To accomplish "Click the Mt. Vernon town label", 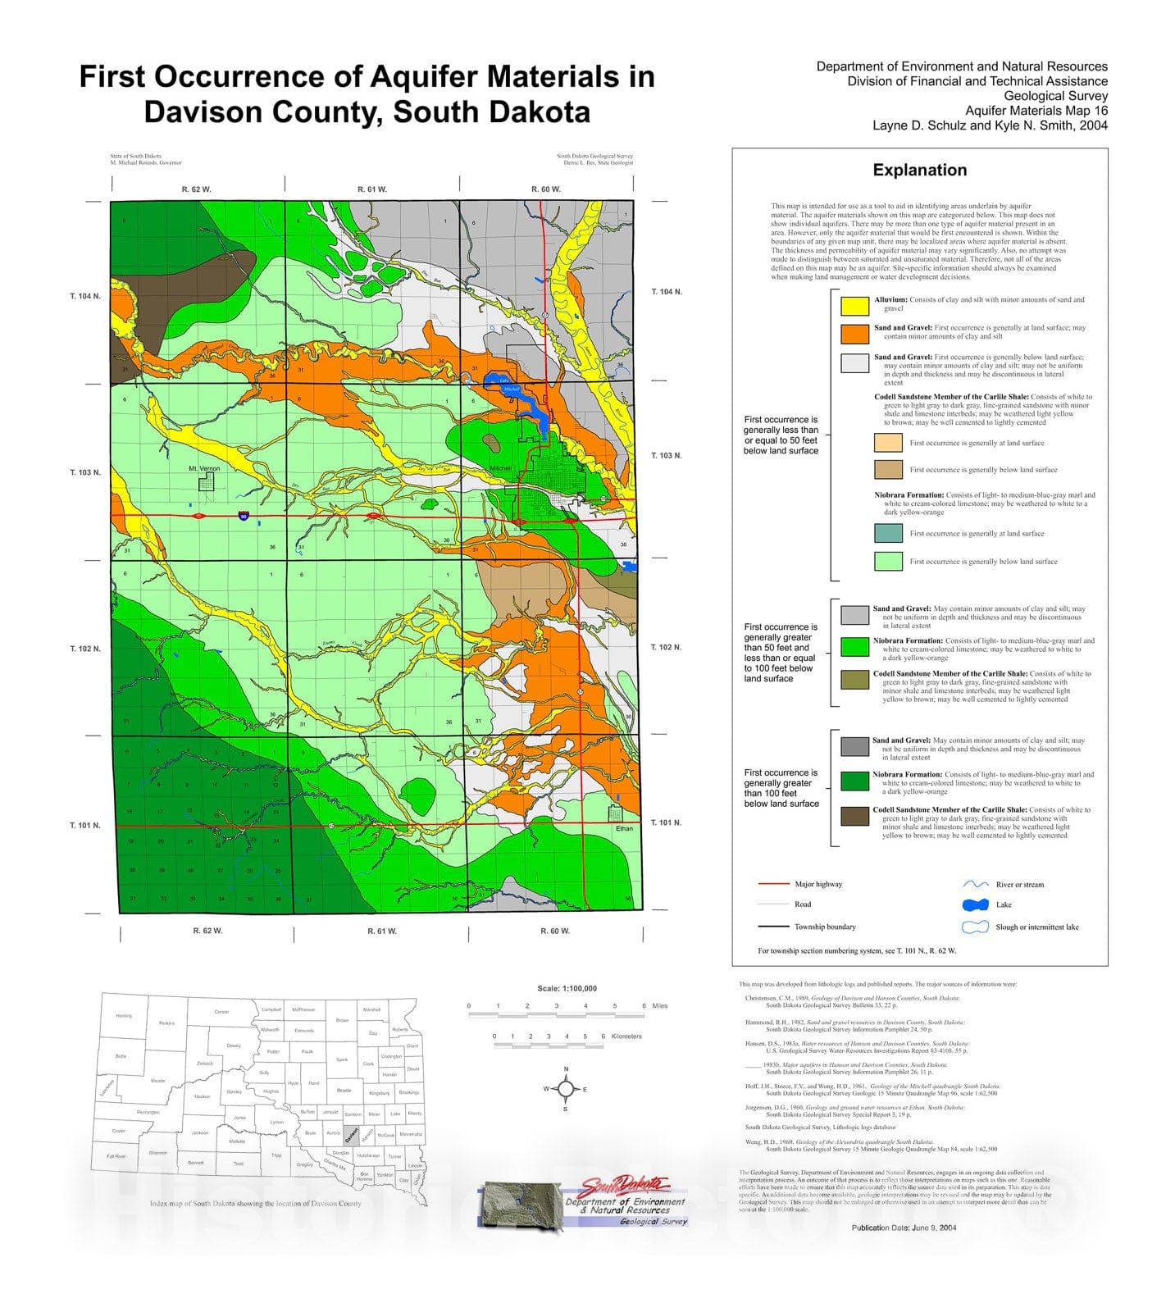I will click(203, 468).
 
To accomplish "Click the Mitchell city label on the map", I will click(500, 468).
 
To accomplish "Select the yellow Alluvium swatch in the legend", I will click(854, 305).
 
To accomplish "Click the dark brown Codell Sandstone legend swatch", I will click(854, 816).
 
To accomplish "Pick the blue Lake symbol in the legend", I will click(975, 904).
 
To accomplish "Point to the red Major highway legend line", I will click(772, 884).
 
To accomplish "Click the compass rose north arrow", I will click(566, 1089).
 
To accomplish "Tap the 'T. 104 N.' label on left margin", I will click(84, 295).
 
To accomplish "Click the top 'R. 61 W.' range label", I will click(371, 189).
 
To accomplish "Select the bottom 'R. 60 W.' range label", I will click(555, 931).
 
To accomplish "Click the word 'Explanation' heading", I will click(919, 170).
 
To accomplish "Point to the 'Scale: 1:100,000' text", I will click(567, 988).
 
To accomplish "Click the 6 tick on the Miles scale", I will click(644, 1006).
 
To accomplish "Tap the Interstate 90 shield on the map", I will click(244, 516).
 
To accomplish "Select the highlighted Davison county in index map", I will click(351, 1135).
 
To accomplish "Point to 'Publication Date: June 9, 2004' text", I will click(904, 1228).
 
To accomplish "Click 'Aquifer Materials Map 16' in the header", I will click(1036, 111).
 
